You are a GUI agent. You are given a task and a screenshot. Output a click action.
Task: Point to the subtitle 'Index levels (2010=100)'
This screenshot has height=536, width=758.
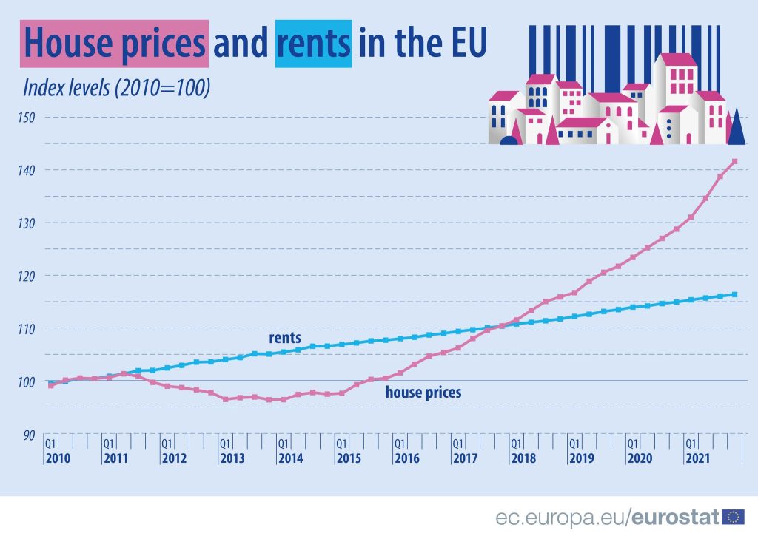coord(117,87)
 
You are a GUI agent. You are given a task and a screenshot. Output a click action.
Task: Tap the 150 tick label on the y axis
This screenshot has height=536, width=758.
coord(30,117)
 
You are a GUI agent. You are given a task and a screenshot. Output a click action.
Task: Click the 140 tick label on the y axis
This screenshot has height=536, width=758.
coord(30,170)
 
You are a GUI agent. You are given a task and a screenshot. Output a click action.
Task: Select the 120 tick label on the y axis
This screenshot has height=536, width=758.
coord(30,275)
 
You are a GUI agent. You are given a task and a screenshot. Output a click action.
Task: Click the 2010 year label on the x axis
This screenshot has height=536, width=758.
coord(58,458)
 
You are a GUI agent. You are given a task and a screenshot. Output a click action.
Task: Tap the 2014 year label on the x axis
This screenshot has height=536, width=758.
coord(290,458)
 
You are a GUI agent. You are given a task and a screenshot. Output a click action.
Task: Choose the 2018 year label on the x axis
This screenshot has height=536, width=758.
coord(523,458)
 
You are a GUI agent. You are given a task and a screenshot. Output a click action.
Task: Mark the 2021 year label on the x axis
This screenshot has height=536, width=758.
coord(697,458)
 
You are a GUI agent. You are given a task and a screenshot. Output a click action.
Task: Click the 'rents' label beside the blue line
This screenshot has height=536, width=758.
coord(285,338)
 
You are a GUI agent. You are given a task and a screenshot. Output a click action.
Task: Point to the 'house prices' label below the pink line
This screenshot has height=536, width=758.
coord(423,393)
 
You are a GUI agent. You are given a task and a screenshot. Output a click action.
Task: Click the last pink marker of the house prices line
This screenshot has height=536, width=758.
coord(734,161)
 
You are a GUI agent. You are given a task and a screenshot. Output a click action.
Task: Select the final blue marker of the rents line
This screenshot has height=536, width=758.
coord(734,294)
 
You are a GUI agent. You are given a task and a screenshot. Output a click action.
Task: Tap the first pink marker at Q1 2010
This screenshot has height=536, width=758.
coord(50,385)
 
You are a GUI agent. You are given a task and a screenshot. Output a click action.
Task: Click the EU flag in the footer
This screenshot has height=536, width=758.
coord(733,516)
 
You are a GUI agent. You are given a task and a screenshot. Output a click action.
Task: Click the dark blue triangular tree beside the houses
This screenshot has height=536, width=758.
coord(736,127)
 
